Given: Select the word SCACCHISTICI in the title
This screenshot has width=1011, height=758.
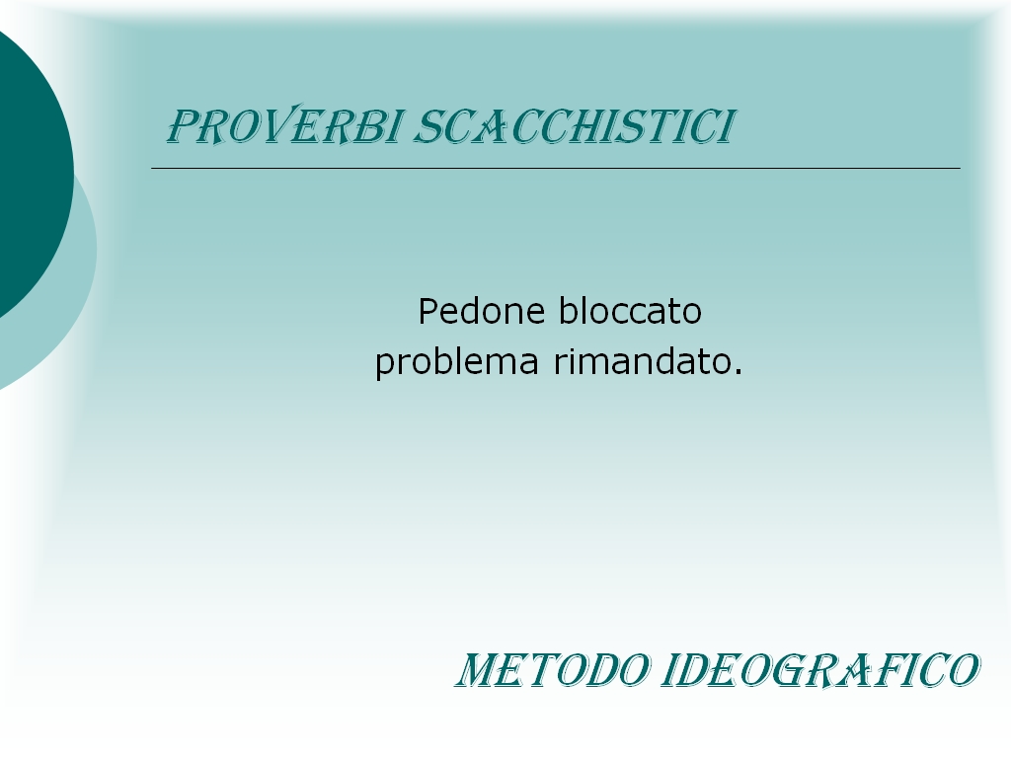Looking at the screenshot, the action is coord(574,126).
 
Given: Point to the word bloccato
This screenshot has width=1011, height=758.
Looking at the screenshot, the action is coord(629,311).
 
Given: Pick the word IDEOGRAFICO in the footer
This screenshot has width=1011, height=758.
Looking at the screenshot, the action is coord(820,670).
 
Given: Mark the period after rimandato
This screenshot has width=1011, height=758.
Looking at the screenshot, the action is coord(739,372).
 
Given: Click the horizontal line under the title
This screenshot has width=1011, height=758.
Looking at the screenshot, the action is coord(556,168).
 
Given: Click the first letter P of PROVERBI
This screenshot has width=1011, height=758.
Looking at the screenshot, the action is coord(183,126).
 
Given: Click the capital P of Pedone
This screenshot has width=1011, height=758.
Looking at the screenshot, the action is coord(428,311).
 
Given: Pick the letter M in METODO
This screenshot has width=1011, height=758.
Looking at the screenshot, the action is coord(480,670).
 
